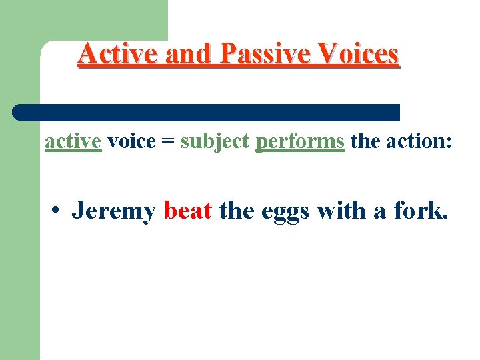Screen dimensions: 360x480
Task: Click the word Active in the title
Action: click(x=118, y=54)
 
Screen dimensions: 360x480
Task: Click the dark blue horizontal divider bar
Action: click(x=207, y=112)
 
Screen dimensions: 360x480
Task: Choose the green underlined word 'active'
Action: click(x=73, y=141)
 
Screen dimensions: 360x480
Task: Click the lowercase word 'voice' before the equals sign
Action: click(x=131, y=141)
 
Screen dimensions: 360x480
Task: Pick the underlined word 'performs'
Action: click(x=300, y=142)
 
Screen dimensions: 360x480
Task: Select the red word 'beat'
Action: click(x=187, y=211)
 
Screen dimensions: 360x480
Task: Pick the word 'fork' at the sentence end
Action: click(x=419, y=211)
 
